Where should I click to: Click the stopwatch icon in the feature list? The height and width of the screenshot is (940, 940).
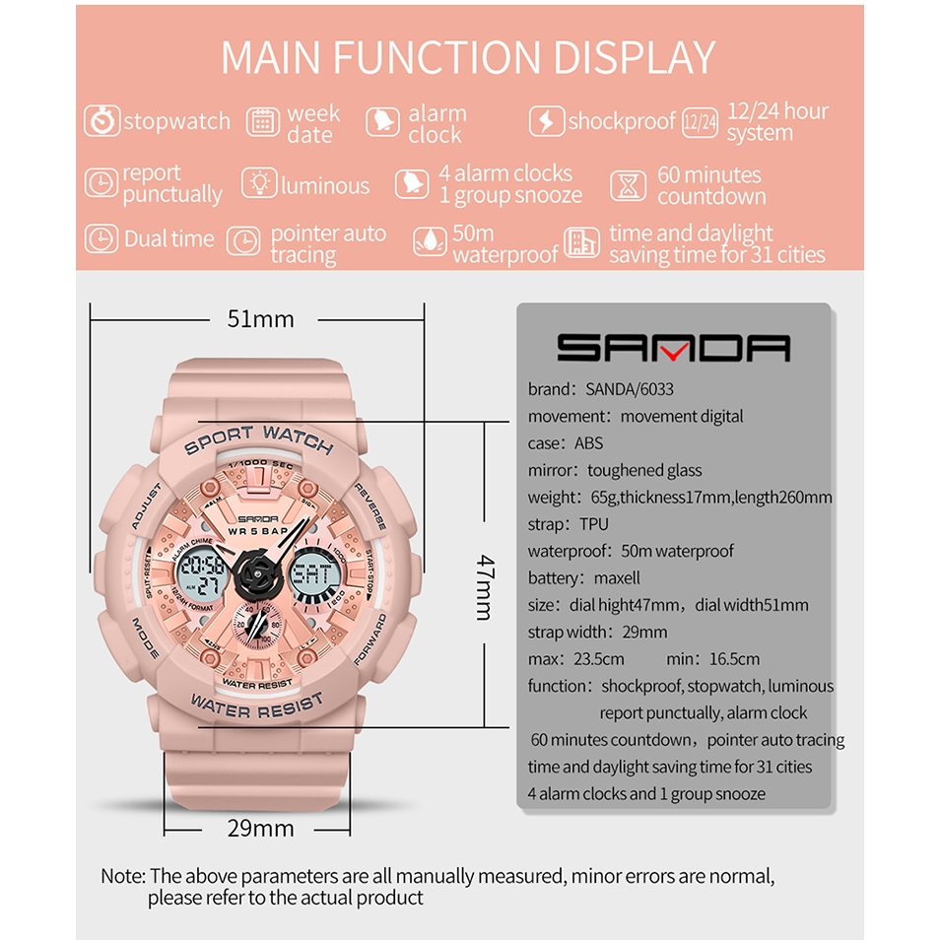pos(101,121)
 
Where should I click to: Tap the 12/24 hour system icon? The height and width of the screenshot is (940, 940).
pos(700,121)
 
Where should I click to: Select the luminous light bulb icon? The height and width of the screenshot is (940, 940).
pos(259,184)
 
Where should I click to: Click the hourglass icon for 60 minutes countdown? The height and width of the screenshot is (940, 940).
pos(628,184)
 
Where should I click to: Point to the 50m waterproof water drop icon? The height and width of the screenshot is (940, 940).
pos(430,241)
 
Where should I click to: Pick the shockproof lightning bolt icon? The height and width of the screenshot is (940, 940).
pos(546,121)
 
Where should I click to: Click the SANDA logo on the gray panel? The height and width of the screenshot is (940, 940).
pos(673,348)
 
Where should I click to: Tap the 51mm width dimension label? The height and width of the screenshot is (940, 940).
pos(261,319)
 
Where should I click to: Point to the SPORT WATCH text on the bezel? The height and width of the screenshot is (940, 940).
pos(259,439)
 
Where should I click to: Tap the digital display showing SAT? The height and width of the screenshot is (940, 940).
pos(314,574)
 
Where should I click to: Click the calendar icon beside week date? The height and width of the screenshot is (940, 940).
pos(262,121)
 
